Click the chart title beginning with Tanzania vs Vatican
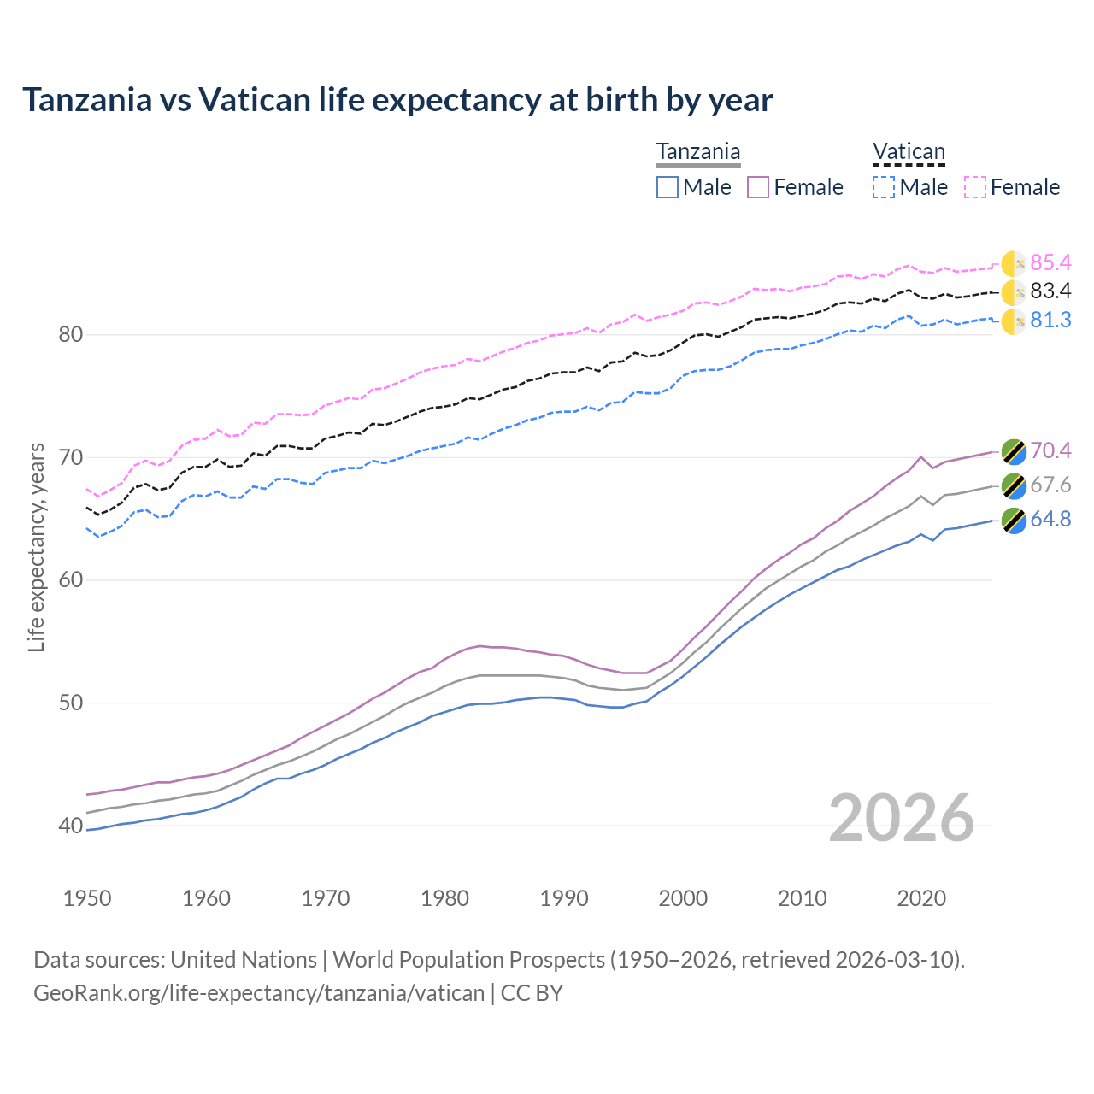[397, 100]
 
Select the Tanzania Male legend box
[668, 187]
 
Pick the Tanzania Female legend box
[759, 187]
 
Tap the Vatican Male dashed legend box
[884, 187]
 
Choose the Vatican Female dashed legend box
[975, 187]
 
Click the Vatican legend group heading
[909, 152]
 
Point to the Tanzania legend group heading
[698, 152]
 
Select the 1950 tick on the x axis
[87, 898]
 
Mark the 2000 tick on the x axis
[683, 898]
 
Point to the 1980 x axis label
[445, 898]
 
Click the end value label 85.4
[1050, 262]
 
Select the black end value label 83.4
[1050, 291]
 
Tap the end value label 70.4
[1050, 450]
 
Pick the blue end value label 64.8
[1050, 519]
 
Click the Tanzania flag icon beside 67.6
[1014, 485]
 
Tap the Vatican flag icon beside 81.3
[1014, 321]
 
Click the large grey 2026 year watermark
[902, 818]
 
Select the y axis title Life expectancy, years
[36, 547]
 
